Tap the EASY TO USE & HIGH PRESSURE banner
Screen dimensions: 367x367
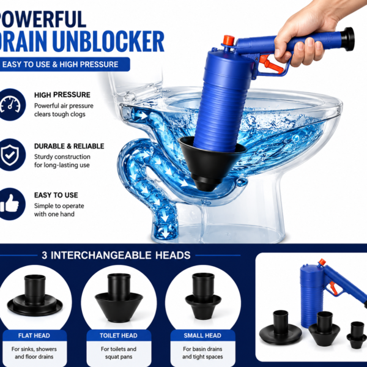tap(64, 64)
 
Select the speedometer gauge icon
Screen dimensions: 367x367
tap(11, 105)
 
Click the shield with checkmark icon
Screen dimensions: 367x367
tap(10, 155)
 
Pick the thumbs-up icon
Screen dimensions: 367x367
tap(10, 204)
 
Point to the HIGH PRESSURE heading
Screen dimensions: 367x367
tap(62, 95)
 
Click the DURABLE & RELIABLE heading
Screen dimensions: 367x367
tap(69, 146)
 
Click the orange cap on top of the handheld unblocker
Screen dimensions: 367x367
tap(228, 40)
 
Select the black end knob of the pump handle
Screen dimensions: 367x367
tap(347, 39)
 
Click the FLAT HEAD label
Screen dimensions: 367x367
tap(34, 336)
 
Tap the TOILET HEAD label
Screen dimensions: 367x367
tap(119, 336)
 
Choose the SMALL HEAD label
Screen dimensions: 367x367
tap(202, 336)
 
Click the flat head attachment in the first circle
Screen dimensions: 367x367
tap(35, 295)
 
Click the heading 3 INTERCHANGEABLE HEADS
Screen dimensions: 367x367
tap(116, 255)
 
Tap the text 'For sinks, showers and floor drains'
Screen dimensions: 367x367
tap(34, 353)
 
